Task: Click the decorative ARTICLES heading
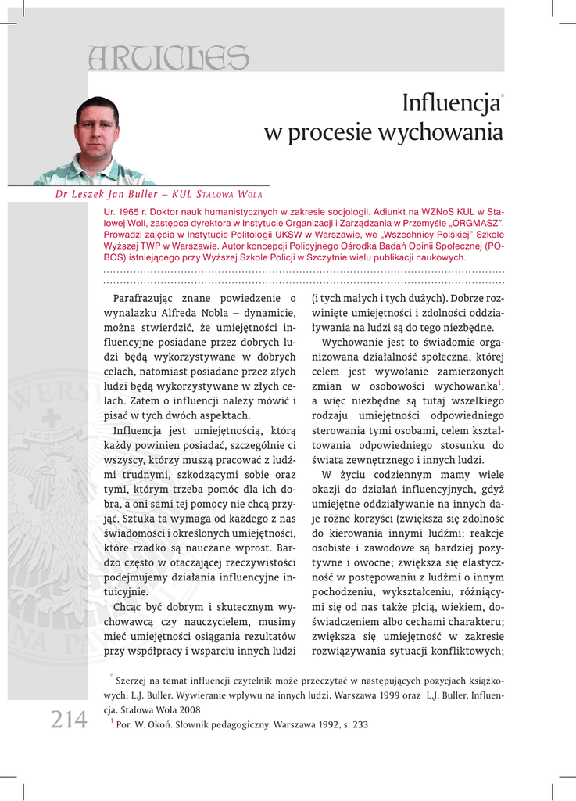[169, 56]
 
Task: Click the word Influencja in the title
[450, 103]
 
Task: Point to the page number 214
[69, 719]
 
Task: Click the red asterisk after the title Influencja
[502, 93]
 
